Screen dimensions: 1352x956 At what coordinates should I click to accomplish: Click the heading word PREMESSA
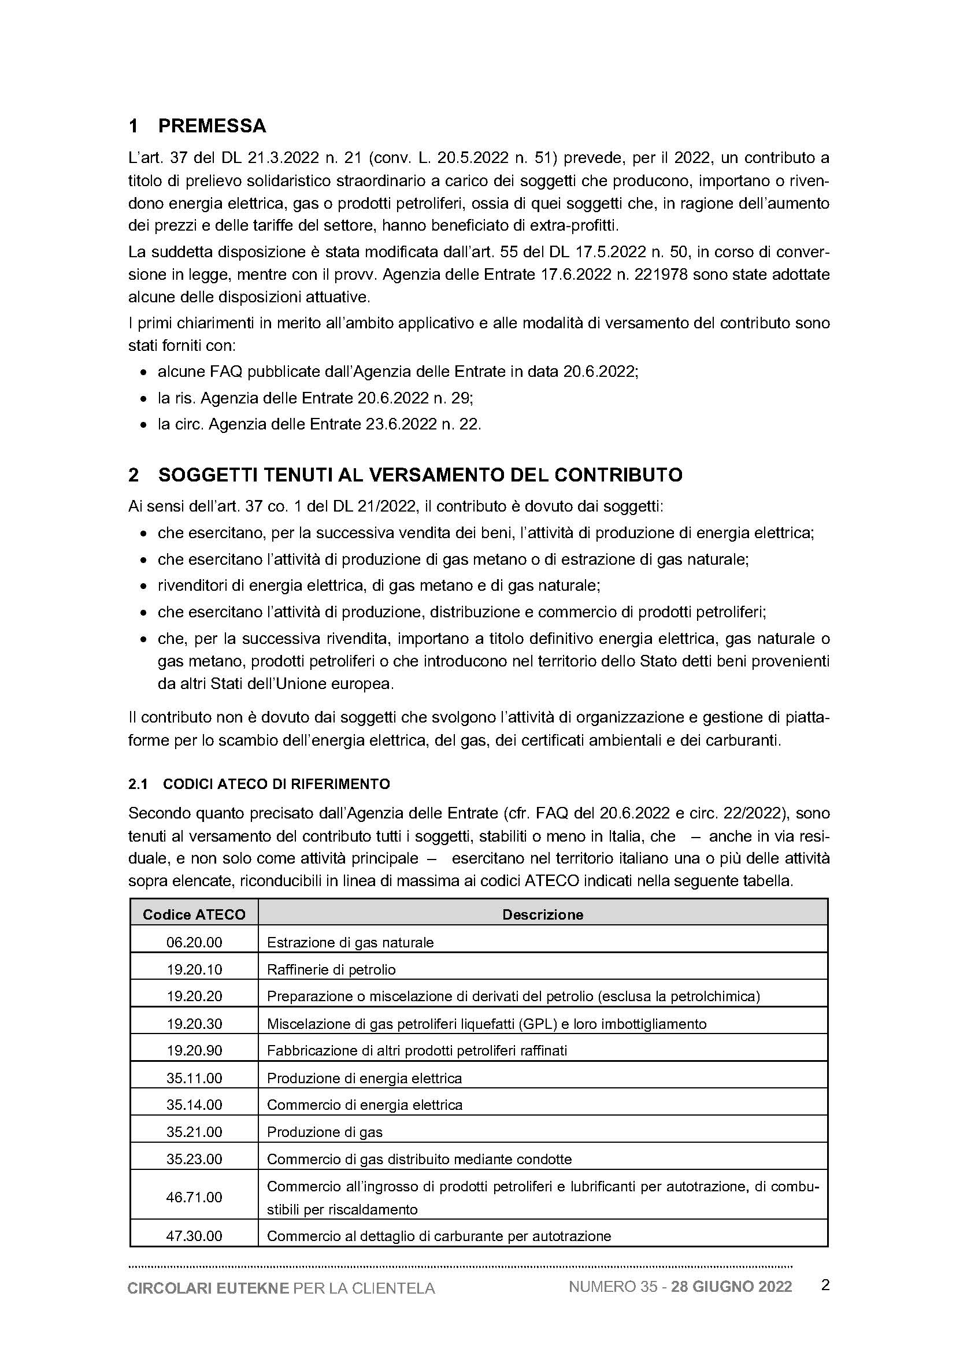click(212, 126)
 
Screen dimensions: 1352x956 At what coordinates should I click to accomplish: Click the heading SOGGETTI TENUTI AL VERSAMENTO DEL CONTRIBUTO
click(420, 475)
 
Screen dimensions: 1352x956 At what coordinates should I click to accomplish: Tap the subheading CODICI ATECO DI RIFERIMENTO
click(277, 784)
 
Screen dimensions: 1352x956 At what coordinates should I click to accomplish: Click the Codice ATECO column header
click(194, 914)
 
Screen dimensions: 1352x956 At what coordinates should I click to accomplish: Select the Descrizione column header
click(543, 914)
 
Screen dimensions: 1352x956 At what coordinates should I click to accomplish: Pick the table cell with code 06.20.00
click(194, 942)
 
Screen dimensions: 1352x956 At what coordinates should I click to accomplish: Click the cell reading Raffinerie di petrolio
click(331, 969)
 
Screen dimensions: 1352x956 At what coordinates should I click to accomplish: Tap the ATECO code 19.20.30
click(194, 1024)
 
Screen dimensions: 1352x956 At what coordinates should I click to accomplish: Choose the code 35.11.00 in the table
click(194, 1078)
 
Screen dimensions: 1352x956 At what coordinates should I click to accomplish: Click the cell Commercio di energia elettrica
click(365, 1105)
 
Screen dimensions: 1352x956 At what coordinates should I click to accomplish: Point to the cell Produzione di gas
click(325, 1132)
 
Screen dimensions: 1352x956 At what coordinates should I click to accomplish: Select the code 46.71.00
click(194, 1197)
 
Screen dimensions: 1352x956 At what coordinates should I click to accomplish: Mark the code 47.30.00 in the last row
click(194, 1236)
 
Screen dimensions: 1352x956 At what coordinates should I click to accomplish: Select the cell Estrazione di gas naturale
click(350, 942)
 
